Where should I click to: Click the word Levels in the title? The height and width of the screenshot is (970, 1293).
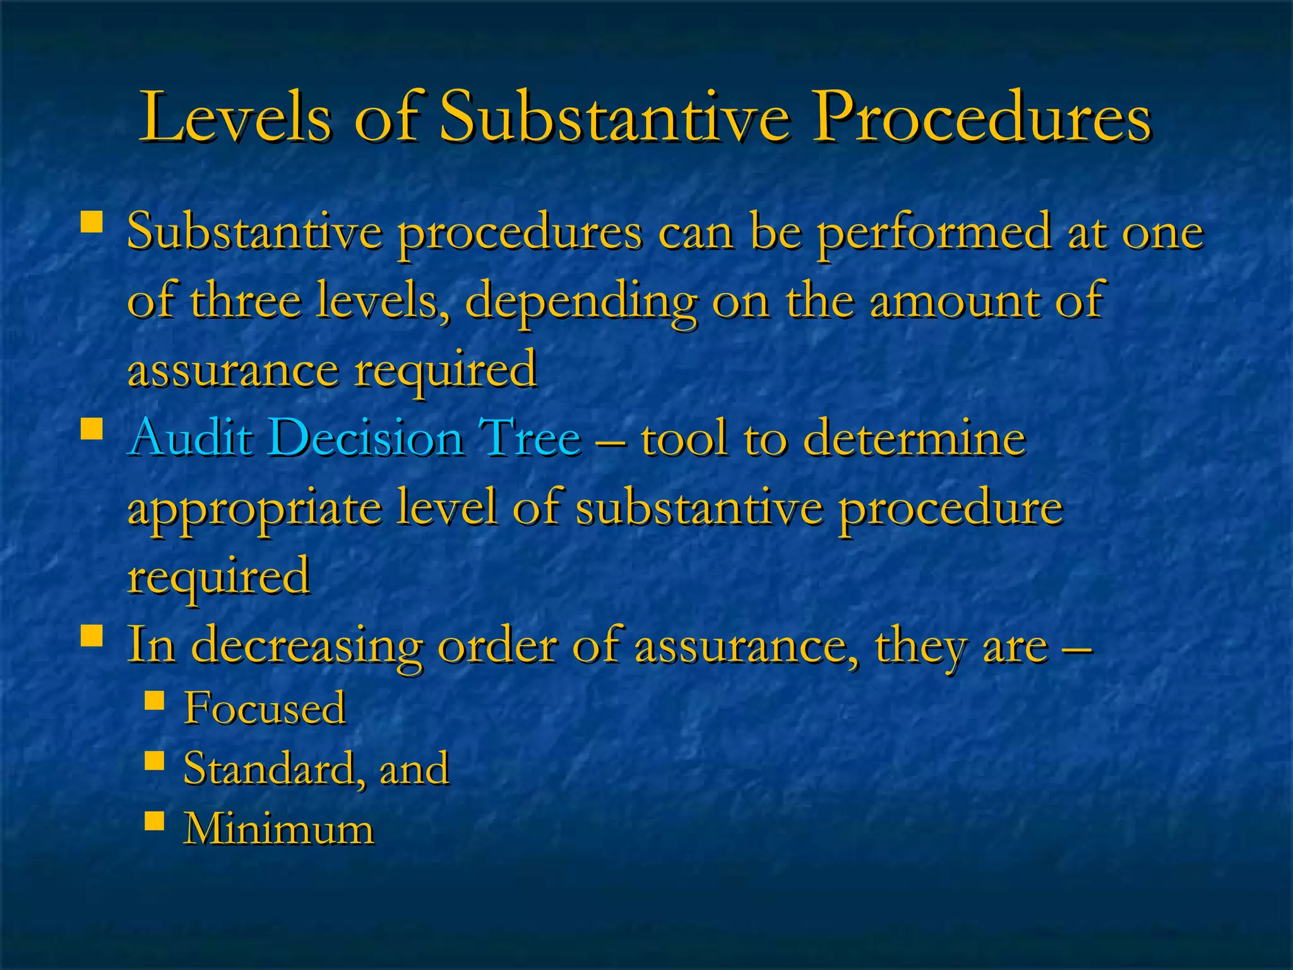[x=235, y=117]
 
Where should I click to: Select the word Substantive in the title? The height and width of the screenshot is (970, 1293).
[x=614, y=117]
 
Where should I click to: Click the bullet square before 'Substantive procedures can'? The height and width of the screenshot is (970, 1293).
[x=92, y=223]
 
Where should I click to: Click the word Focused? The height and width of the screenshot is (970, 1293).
[x=265, y=707]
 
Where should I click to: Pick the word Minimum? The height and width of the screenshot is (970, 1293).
[x=278, y=829]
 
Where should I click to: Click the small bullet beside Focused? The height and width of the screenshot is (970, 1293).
[x=154, y=700]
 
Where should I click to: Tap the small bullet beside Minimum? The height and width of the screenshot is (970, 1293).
[x=154, y=821]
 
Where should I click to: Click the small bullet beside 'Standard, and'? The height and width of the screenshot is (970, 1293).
[x=154, y=761]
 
